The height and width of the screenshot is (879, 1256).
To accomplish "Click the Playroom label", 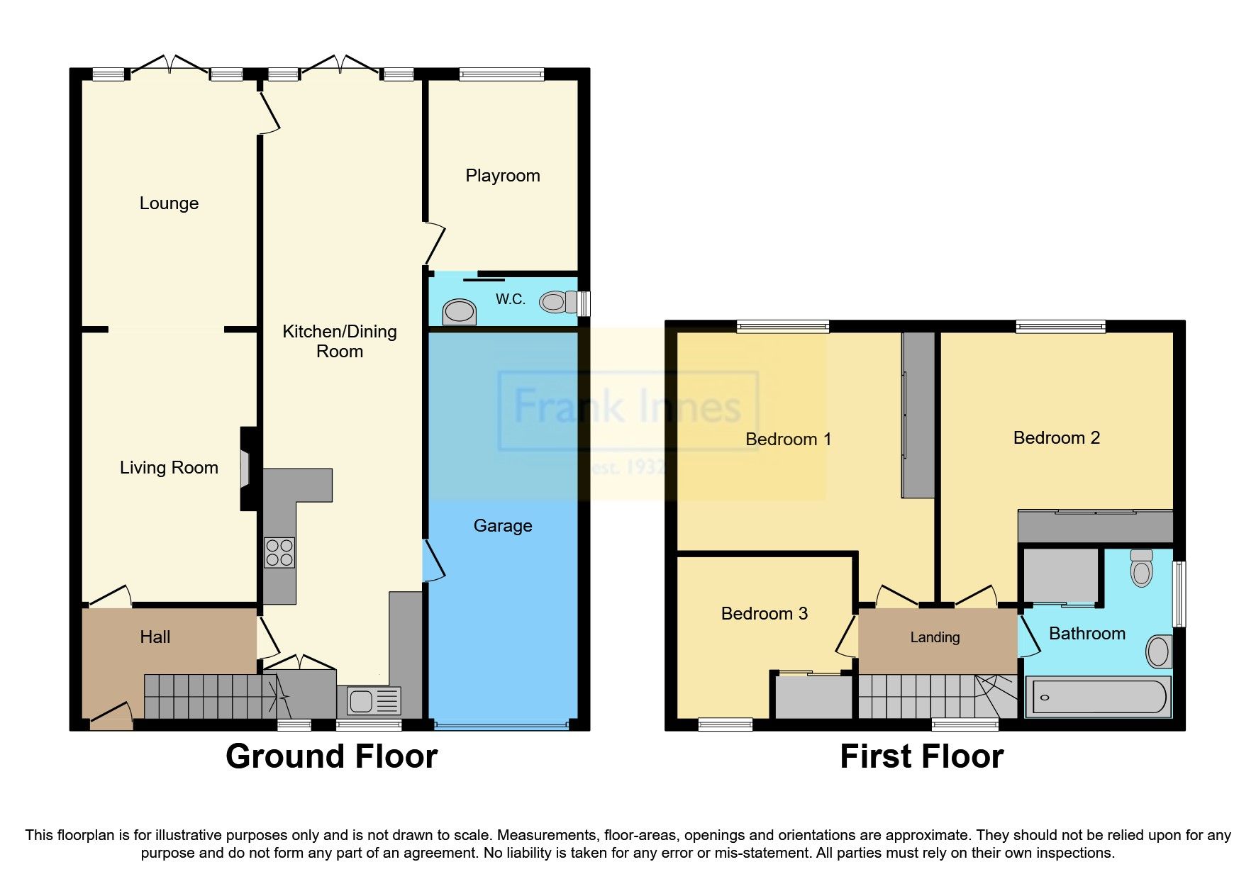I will tap(502, 176).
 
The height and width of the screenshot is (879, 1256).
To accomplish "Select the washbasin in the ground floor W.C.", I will tap(459, 311).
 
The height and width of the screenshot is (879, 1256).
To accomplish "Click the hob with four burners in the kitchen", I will tap(279, 553).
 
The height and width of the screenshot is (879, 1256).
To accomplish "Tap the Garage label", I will tap(502, 526).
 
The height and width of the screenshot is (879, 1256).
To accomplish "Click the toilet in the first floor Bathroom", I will tap(1142, 569).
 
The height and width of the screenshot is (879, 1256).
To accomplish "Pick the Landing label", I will tap(935, 637).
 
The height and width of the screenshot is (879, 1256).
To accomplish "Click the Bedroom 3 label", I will tap(764, 614).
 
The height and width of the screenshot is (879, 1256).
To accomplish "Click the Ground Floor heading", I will tap(331, 756).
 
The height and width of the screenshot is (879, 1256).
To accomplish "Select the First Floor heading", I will tap(921, 756).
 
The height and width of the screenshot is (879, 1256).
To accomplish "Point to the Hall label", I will tap(155, 637).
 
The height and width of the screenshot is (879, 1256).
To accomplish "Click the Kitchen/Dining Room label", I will tap(339, 341).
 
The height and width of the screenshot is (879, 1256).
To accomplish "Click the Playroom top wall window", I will tap(501, 74).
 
